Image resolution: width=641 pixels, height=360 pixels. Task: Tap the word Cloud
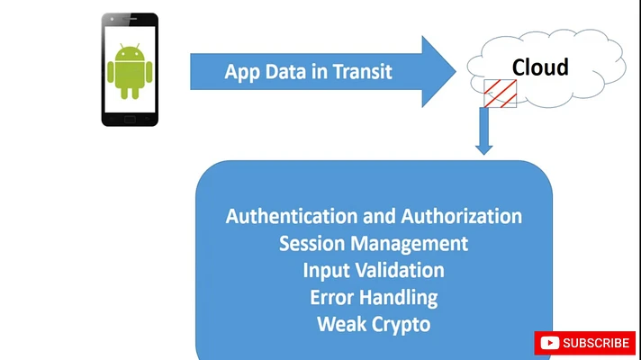coord(540,67)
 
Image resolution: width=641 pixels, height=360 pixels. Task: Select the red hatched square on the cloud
coord(501,94)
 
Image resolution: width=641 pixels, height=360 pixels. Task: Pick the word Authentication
coord(291,216)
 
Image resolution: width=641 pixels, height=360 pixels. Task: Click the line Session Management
coord(374,243)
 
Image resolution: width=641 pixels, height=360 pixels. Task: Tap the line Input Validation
coord(374,270)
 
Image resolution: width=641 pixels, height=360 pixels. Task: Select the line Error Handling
coord(374,297)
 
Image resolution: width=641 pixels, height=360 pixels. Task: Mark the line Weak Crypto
coord(374,324)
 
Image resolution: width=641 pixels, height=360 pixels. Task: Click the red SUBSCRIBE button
coord(585,343)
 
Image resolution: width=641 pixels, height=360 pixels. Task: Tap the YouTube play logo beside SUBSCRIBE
coord(549,343)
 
